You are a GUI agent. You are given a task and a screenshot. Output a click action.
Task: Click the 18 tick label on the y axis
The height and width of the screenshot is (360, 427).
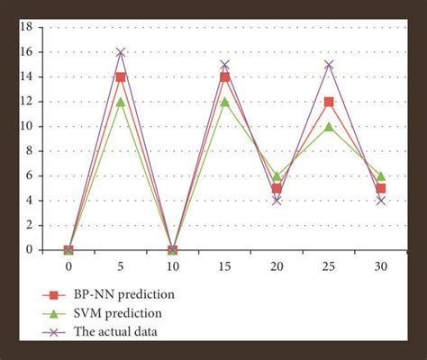click(x=26, y=27)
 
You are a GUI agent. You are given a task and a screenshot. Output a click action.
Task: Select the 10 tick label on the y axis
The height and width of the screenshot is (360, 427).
click(x=26, y=126)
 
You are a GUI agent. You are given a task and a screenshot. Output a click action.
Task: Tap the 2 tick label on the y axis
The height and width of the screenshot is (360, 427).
click(x=29, y=225)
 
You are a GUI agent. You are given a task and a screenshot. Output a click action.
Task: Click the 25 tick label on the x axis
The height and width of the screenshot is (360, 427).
click(x=329, y=267)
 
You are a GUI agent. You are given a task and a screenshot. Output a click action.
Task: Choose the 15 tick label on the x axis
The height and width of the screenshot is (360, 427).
click(x=224, y=267)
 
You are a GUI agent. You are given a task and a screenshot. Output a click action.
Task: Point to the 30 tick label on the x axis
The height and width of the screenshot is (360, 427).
click(x=381, y=267)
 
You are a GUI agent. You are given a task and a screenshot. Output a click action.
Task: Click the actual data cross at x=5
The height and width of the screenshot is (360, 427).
click(x=121, y=52)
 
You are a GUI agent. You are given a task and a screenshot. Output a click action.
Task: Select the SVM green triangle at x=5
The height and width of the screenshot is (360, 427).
click(x=121, y=102)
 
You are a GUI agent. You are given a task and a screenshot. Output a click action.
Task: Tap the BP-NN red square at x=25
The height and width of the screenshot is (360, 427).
click(x=329, y=102)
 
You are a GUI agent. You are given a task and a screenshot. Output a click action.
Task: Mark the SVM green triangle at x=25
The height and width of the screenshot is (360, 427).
click(x=329, y=126)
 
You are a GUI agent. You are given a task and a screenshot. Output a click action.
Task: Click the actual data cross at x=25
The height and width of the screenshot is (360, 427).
click(x=329, y=65)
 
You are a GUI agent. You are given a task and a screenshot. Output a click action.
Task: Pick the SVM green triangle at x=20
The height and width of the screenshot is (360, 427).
click(x=277, y=175)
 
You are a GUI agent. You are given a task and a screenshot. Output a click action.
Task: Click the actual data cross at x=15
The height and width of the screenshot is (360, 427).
click(x=224, y=65)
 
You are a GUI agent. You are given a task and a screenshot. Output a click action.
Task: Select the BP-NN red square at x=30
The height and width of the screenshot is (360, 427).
click(x=381, y=188)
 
